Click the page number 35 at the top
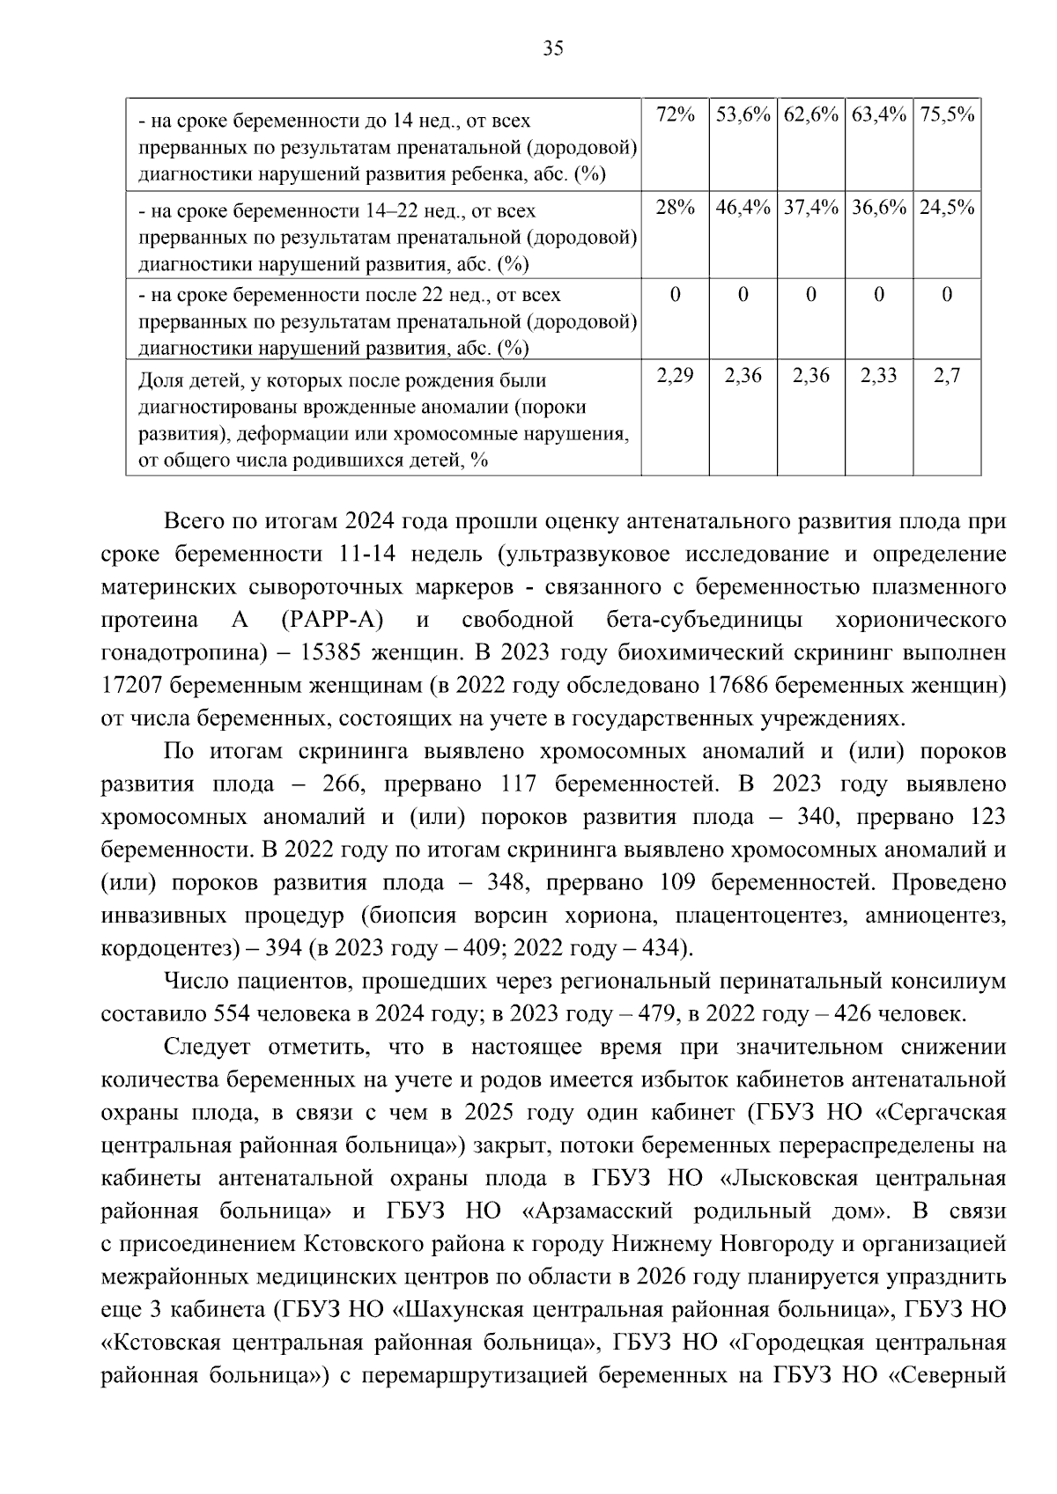coord(553,48)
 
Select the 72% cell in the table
coord(675,114)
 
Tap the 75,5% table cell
coord(947,114)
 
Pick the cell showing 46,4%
coord(743,208)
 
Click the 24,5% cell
coord(947,208)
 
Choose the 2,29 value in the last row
coord(675,376)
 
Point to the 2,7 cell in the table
coord(947,376)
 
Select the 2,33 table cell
coord(878,376)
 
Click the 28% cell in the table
coord(675,208)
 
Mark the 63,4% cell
coord(878,114)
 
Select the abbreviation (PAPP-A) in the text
coord(333,621)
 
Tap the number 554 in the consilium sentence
coord(231,1013)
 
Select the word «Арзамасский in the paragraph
coord(598,1211)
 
